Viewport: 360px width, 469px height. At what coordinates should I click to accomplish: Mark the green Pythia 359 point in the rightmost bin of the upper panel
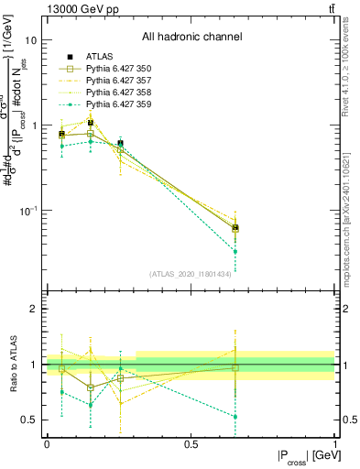[235, 251]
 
